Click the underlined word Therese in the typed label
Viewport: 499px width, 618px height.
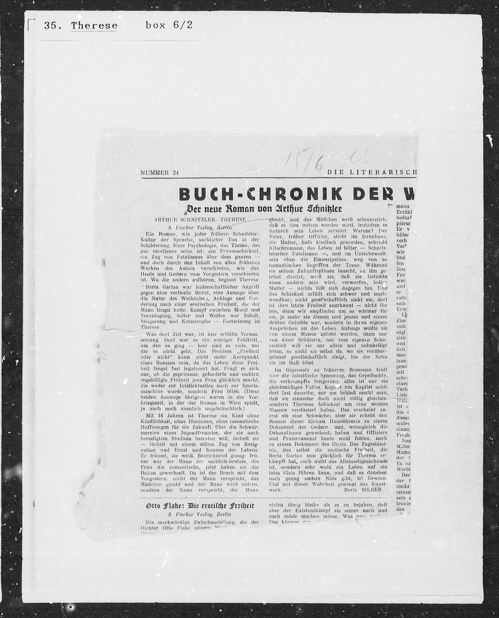click(x=94, y=26)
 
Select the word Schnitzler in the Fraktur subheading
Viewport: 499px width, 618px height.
click(x=324, y=209)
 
